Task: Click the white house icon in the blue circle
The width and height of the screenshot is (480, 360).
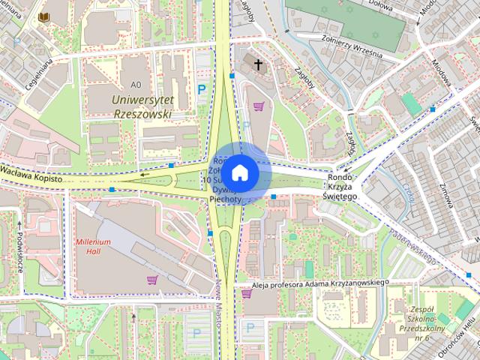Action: click(240, 172)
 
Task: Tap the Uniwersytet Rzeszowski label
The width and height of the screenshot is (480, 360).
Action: click(140, 106)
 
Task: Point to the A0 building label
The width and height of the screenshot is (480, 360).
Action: click(135, 84)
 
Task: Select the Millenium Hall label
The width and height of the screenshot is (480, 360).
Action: click(93, 247)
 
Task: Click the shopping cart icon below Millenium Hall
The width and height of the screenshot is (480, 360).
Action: click(152, 280)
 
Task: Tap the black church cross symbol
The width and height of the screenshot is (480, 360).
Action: click(259, 65)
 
